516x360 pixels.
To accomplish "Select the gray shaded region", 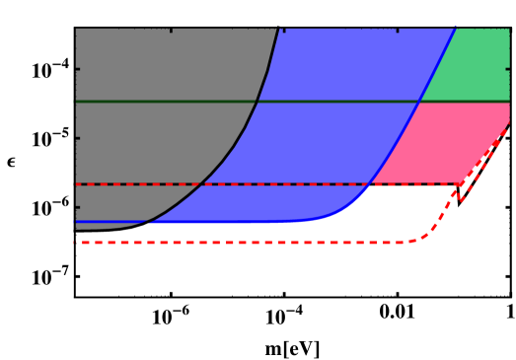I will click(x=148, y=118).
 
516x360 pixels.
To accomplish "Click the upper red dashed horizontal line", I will click(x=128, y=184).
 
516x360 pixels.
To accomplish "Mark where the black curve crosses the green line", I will click(x=257, y=102).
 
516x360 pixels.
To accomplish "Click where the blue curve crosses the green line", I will click(x=420, y=102).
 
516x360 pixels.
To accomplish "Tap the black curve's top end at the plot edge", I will click(x=278, y=29).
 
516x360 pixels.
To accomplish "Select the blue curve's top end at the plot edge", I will click(x=456, y=29).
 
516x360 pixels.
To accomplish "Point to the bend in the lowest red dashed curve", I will click(x=424, y=236).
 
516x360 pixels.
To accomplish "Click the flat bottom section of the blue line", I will click(x=217, y=222).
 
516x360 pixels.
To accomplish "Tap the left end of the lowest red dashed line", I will click(x=76, y=242).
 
